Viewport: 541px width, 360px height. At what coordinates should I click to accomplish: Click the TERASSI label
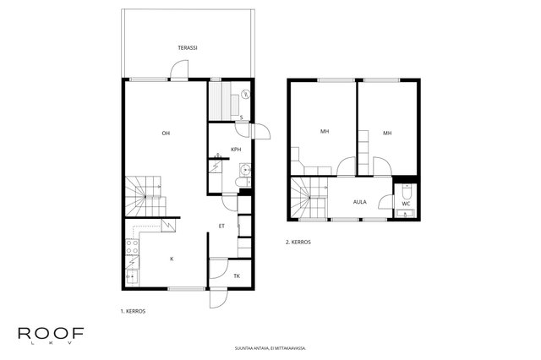tap(188, 48)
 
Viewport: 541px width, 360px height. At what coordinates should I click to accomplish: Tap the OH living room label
tap(166, 134)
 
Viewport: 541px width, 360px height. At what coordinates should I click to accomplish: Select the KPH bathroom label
tap(236, 150)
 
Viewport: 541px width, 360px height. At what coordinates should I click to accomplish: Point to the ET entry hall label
tap(221, 226)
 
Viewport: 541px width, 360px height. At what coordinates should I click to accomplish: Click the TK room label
tap(237, 275)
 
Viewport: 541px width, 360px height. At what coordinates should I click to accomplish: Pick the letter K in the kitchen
tap(172, 259)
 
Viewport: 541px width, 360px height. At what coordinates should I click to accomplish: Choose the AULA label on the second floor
tap(360, 202)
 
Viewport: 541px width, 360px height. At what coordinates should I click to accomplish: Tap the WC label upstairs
tap(406, 204)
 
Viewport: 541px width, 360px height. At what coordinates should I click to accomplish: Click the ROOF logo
tap(51, 335)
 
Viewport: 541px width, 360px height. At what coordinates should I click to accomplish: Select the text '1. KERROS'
tap(133, 311)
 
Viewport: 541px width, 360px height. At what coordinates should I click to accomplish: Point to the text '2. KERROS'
tap(298, 242)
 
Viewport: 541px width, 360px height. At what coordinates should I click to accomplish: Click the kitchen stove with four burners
tap(132, 246)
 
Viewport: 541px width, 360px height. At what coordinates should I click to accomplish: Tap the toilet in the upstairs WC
tap(406, 191)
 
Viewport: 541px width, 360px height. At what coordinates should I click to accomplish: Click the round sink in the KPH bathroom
tap(245, 170)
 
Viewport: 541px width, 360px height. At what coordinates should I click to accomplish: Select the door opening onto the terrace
tap(179, 70)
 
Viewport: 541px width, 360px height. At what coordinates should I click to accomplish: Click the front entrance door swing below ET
tap(218, 299)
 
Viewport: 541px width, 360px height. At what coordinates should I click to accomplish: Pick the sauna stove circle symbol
tap(246, 94)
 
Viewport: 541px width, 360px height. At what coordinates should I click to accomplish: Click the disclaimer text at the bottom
tap(270, 348)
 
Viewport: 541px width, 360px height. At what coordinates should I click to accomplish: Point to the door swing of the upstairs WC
tap(386, 202)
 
